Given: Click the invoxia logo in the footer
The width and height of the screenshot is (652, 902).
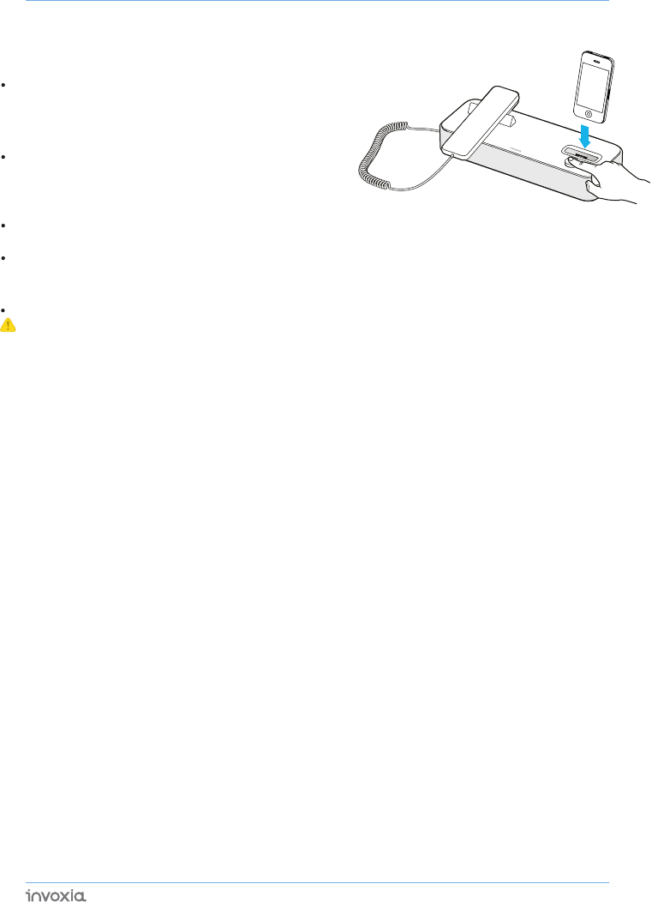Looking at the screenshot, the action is coord(56,895).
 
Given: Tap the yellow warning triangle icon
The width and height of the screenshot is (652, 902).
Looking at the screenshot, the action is coord(9,326).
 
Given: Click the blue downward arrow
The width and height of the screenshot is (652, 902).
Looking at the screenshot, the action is coord(583,135).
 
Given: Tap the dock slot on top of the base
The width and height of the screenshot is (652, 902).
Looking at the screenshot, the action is coord(580,155).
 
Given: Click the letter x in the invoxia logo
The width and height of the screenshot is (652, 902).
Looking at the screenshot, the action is coord(63,896).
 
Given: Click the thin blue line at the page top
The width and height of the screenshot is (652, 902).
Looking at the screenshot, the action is coord(317,1).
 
